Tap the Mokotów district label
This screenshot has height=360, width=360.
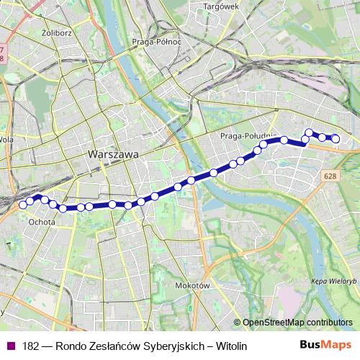(x=192, y=286)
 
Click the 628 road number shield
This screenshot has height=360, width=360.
(x=330, y=176)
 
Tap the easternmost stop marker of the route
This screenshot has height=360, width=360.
(x=335, y=138)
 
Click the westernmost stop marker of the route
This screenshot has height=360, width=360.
(x=23, y=204)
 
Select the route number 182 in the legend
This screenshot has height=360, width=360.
(x=30, y=346)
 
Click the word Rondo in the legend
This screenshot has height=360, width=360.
(x=72, y=346)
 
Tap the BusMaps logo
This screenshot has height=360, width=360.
(x=327, y=346)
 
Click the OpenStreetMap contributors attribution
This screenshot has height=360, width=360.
(x=297, y=322)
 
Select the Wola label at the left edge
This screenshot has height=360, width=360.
(x=6, y=140)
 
